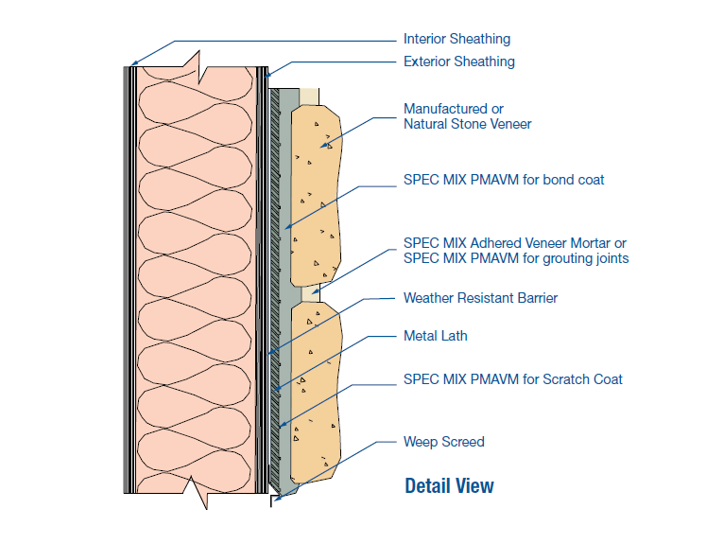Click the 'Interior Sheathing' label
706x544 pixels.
pos(456,39)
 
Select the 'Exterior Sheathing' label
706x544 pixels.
pos(459,61)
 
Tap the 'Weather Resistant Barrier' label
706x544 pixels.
pos(480,298)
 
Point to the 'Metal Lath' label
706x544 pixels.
pos(435,335)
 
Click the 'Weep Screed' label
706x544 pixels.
pos(443,441)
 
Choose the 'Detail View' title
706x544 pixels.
pos(449,486)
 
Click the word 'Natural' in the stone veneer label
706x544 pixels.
pos(427,124)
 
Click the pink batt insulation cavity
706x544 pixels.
pos(195,274)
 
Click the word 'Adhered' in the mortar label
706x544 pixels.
pos(510,243)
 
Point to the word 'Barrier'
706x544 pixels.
pos(534,298)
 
